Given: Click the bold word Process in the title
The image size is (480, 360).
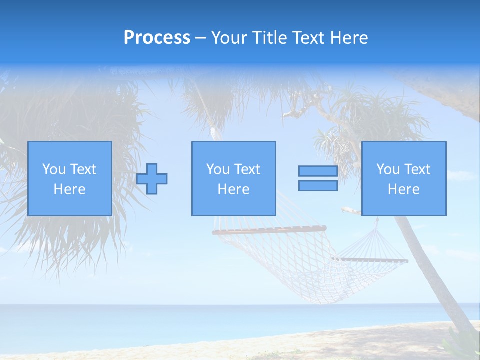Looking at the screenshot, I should click(x=157, y=38).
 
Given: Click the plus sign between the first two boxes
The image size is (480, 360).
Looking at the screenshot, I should click(x=152, y=179).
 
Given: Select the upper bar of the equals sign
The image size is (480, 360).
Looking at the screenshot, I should click(x=318, y=171).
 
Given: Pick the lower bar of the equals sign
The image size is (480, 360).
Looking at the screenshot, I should click(x=318, y=186).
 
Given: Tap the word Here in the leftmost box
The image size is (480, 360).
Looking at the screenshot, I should click(x=69, y=189).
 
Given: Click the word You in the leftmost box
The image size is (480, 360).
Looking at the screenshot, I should click(x=53, y=169).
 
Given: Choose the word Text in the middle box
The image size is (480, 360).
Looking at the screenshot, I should click(x=247, y=169).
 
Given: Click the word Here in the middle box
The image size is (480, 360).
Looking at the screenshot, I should click(x=233, y=189).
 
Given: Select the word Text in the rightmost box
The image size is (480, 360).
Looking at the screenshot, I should click(x=417, y=169).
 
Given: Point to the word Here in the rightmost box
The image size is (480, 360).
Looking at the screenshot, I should click(x=403, y=189).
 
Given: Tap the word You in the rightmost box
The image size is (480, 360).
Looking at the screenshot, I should click(x=388, y=169).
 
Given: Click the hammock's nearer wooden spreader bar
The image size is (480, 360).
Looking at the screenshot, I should click(x=270, y=230).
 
